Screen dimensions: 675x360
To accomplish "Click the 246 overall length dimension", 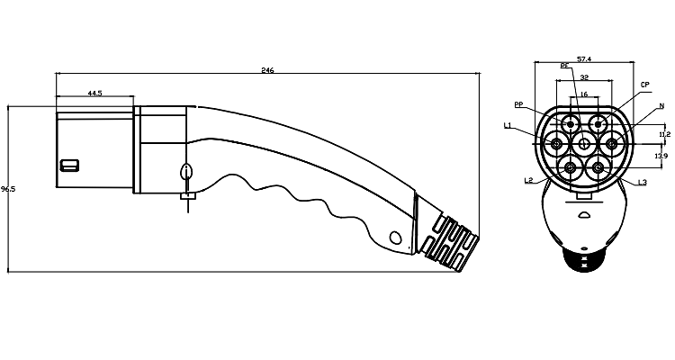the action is point(267,70).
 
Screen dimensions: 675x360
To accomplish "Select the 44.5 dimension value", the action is point(94,93).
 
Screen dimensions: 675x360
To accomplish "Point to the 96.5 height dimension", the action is point(8,189).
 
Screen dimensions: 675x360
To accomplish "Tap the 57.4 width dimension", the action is point(584,59).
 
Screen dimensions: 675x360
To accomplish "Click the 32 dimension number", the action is point(584,77).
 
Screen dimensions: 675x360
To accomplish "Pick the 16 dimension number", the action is point(584,94).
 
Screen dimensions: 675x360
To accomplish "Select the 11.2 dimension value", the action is point(664,134).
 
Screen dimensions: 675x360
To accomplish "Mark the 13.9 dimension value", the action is point(661,156).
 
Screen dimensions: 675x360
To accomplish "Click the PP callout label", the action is point(518,104).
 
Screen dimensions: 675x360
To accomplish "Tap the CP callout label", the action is point(645,85).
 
